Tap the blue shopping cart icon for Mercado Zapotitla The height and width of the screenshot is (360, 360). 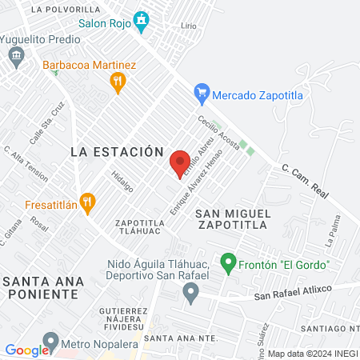[x=202, y=94]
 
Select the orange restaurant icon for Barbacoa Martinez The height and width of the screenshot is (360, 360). [x=118, y=81]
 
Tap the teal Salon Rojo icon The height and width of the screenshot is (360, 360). [x=142, y=19]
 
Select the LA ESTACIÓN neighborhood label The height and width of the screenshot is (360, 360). [x=117, y=151]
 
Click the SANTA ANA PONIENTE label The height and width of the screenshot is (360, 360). [x=40, y=287]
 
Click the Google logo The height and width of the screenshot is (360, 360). [x=26, y=350]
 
